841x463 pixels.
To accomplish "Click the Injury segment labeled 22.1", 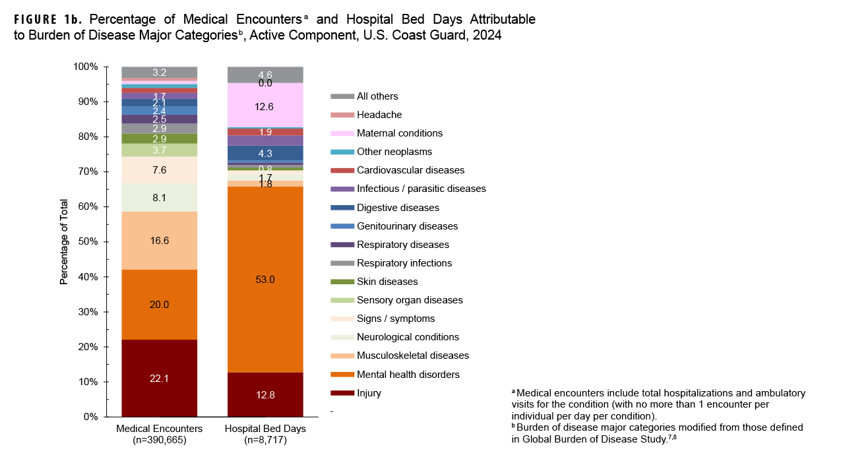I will point(160,378).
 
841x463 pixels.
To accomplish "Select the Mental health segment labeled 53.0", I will point(265,279).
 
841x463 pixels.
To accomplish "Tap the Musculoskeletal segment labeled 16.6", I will point(160,241).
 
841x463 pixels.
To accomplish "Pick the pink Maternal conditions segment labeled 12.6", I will point(265,106).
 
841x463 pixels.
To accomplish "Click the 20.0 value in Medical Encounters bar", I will point(160,304).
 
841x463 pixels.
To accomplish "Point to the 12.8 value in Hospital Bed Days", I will point(265,394).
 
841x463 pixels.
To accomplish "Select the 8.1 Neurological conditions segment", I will point(160,197).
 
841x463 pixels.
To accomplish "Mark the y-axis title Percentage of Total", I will point(64,241).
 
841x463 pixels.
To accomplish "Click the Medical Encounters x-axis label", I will point(160,429).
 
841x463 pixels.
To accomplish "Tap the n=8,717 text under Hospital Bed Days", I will point(265,440).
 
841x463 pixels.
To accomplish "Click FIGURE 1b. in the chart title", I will point(51,19).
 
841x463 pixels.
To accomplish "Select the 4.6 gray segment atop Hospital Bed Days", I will point(265,74).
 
